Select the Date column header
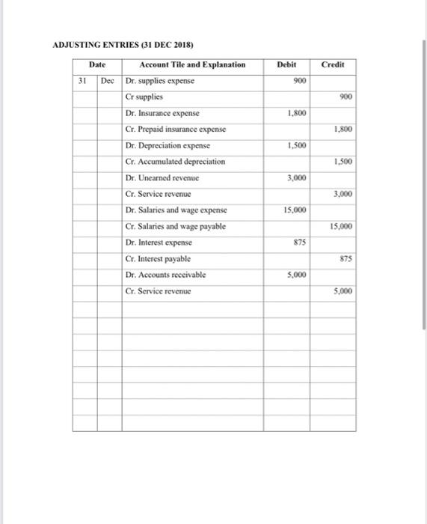97,64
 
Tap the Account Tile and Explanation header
192,64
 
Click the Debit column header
288,64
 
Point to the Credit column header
333,64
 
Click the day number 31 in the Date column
85,80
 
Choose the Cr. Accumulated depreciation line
176,162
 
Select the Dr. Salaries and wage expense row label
177,210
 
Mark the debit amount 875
299,243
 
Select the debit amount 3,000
297,177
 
